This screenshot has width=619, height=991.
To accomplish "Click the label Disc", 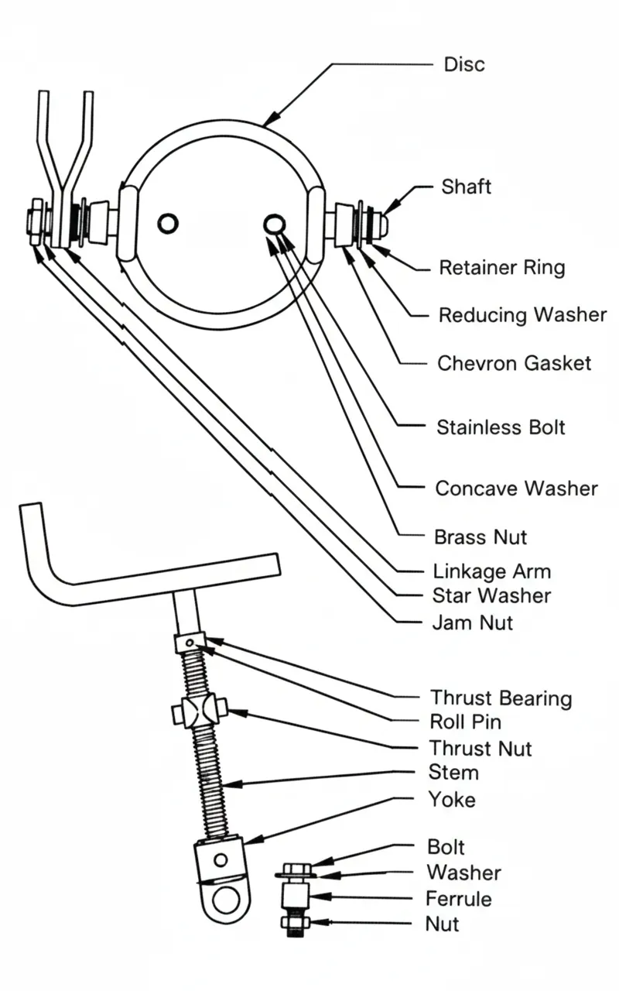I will click(464, 64).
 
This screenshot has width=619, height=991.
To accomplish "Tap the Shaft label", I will click(466, 187).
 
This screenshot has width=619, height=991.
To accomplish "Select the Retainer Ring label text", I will click(501, 269).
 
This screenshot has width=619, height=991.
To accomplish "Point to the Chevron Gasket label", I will click(514, 363).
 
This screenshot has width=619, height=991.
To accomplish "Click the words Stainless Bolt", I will click(501, 427).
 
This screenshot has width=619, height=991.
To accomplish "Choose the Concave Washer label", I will click(516, 489).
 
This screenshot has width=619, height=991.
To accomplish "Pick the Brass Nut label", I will click(480, 537).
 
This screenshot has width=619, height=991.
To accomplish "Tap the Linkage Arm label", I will click(492, 572).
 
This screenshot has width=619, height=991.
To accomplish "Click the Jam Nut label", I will click(473, 622).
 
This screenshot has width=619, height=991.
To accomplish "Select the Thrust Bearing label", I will click(501, 698).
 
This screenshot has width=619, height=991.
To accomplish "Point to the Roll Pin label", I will click(465, 722).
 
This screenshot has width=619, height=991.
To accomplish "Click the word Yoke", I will click(452, 799).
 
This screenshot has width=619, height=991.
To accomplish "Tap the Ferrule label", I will click(458, 899).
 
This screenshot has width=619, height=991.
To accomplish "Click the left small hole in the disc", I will click(168, 224).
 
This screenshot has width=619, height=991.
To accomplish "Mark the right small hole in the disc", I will click(273, 224).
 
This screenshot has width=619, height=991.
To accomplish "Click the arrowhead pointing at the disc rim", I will click(266, 122).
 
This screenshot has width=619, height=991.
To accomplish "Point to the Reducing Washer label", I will click(522, 316).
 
